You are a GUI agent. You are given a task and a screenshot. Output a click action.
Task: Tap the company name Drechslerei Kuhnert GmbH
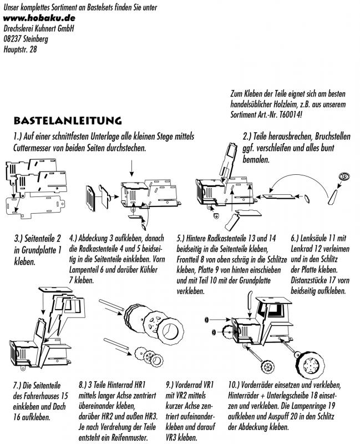coord(39,28)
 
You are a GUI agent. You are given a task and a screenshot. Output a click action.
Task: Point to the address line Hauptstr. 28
coord(21,49)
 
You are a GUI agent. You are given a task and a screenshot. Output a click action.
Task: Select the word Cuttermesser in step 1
coord(37,148)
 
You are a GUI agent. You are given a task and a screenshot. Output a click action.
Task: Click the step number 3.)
coord(21,239)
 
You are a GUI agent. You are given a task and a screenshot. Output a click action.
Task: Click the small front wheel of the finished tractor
coord(268,366)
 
